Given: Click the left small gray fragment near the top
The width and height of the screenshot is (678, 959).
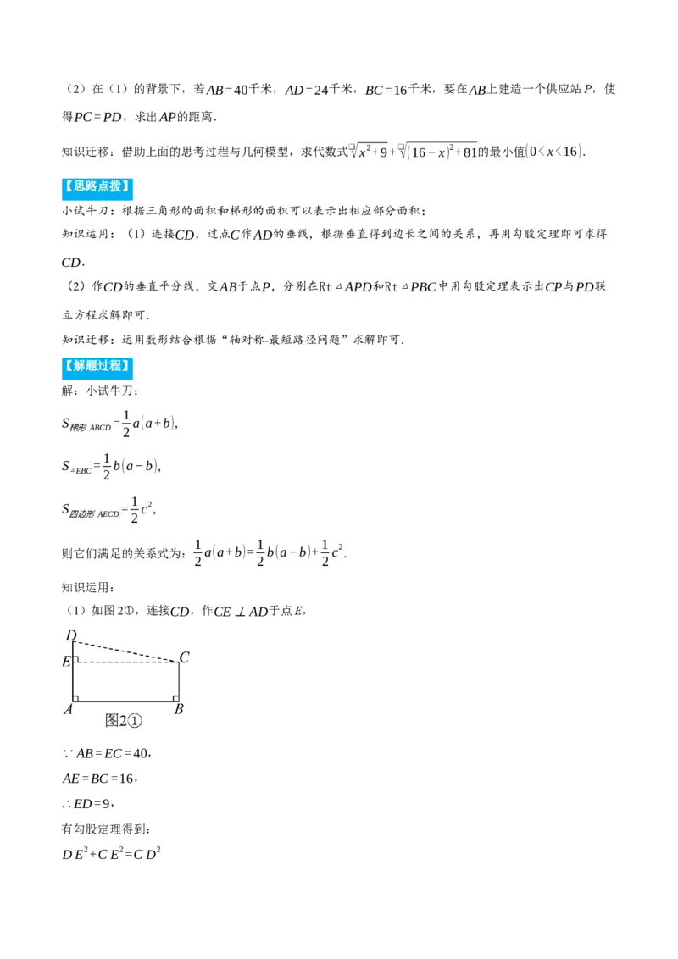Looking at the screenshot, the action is (352, 148).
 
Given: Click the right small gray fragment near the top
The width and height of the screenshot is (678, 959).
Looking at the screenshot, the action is (400, 148).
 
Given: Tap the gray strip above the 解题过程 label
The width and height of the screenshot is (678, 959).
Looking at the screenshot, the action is (98, 354).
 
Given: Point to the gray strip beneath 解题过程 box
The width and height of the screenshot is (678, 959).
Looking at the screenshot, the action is (98, 384).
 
